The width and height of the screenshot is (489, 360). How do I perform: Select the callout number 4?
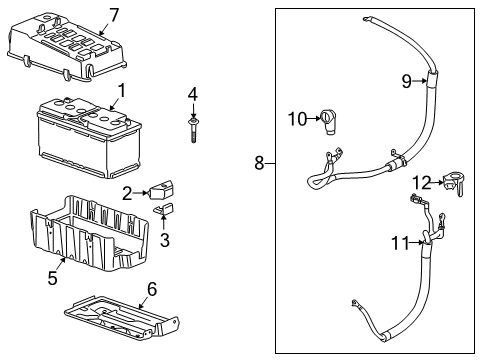pos(193,94)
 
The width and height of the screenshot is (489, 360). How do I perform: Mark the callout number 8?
pos(259,163)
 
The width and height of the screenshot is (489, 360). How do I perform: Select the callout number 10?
pos(296,119)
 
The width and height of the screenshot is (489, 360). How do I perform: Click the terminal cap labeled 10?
pos(327,123)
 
